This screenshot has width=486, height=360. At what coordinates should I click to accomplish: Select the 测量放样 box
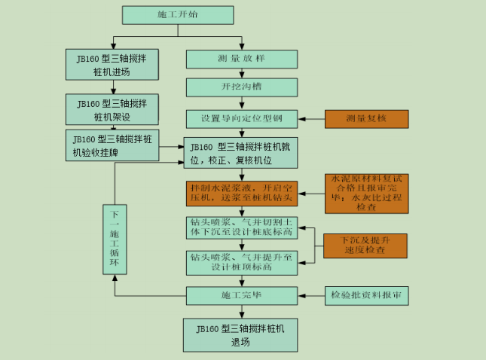click(242, 59)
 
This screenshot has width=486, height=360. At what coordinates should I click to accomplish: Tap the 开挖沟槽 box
click(242, 87)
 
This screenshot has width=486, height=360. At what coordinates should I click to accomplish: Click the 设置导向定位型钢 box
click(242, 118)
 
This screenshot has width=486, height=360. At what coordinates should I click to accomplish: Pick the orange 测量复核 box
click(366, 118)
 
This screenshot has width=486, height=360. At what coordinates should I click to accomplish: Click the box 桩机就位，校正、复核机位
click(242, 153)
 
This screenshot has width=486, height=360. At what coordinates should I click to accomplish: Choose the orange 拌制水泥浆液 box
click(242, 194)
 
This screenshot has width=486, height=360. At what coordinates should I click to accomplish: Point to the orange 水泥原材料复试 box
click(366, 194)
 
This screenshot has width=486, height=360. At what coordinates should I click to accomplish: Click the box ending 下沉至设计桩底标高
click(242, 228)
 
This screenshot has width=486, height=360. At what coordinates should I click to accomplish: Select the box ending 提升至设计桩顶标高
click(242, 262)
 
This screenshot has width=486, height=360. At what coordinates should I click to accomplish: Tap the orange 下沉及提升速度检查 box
click(366, 245)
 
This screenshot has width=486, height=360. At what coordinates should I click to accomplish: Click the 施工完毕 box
click(242, 295)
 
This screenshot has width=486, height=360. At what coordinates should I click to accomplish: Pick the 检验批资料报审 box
click(366, 295)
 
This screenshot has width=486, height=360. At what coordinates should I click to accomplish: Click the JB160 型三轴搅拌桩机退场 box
click(242, 335)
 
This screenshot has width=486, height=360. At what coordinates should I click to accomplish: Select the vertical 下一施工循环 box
click(115, 240)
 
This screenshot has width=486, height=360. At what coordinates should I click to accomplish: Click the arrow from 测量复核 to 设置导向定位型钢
click(311, 118)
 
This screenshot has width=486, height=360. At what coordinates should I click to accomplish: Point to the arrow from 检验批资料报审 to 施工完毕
click(311, 295)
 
